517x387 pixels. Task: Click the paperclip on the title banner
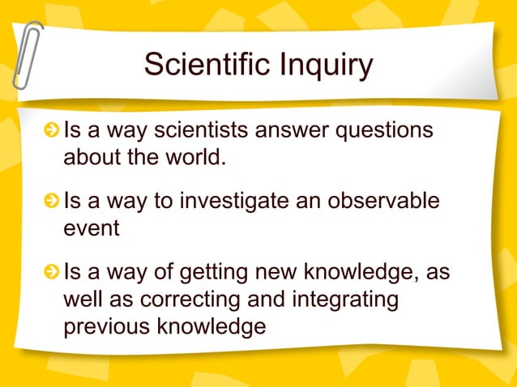[x=27, y=55]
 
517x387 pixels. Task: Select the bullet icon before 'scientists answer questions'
[x=53, y=130]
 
